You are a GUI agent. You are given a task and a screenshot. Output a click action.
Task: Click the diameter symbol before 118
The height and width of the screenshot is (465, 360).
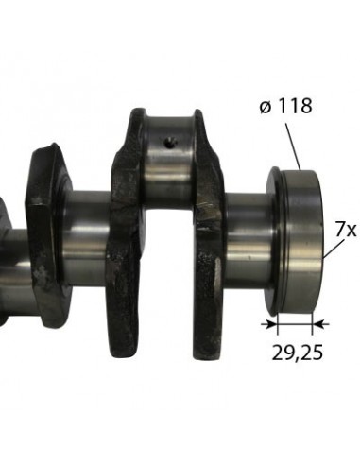[264, 106]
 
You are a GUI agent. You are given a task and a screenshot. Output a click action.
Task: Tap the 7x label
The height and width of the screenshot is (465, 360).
[345, 229]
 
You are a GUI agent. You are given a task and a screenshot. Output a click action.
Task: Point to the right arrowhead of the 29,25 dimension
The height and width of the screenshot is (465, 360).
[313, 324]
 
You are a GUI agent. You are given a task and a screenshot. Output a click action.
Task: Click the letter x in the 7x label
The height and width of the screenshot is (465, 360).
[351, 230]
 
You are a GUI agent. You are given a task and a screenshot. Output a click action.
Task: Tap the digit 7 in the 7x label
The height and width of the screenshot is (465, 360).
[339, 229]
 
